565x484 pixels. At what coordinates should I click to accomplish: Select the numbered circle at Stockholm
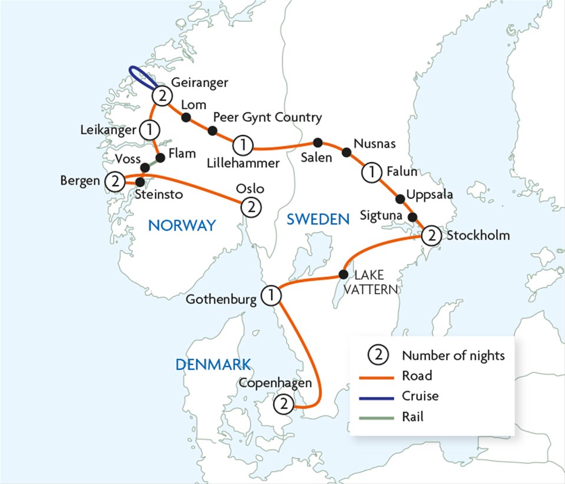[x=431, y=236]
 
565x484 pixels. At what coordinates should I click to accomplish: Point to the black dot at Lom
[x=186, y=118]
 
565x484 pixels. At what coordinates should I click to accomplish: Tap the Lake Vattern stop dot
[x=343, y=274]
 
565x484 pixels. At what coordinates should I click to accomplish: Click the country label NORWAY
[x=182, y=225]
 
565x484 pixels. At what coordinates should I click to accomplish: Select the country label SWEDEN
[x=318, y=220]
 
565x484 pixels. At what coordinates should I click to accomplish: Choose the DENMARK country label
[x=213, y=364]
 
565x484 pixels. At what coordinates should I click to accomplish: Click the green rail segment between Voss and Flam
[x=152, y=162]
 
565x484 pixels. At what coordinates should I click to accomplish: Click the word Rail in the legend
[x=413, y=417]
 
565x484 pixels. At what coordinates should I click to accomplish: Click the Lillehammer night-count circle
[x=242, y=144]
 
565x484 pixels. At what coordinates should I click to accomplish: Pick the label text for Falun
[x=402, y=172]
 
